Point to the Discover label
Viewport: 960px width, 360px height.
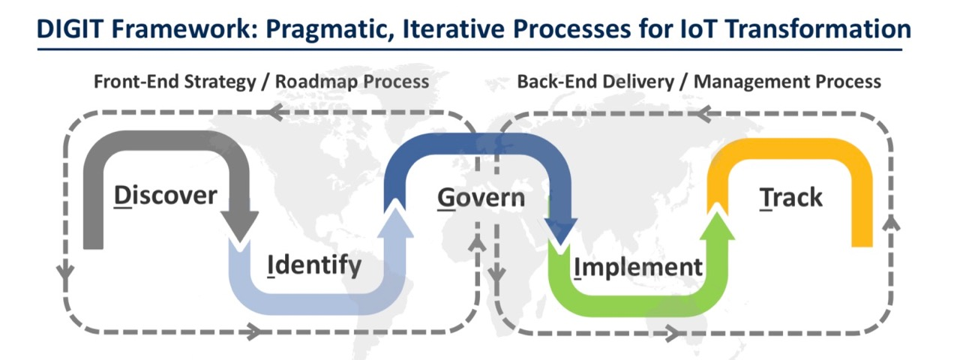(x=165, y=196)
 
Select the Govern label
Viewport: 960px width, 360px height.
(x=481, y=199)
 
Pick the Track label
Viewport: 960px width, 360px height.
(x=790, y=197)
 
